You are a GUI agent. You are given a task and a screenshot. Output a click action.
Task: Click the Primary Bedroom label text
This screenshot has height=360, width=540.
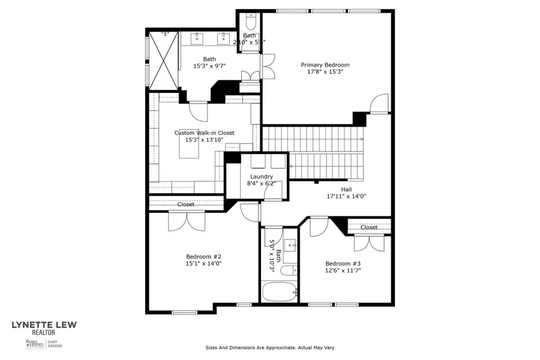(x=325, y=65)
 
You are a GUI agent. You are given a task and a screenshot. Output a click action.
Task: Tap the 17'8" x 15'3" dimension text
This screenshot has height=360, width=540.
(x=325, y=72)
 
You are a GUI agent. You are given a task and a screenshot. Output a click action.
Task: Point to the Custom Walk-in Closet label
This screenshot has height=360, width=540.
(x=204, y=133)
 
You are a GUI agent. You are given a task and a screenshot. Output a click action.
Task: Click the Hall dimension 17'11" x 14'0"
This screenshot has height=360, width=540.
(x=346, y=196)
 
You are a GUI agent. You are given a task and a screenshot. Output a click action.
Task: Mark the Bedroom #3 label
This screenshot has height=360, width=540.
(x=343, y=263)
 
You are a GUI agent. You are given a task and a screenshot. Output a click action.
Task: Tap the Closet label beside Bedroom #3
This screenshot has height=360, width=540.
(x=369, y=227)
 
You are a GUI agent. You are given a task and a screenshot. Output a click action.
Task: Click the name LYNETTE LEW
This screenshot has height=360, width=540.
(x=44, y=326)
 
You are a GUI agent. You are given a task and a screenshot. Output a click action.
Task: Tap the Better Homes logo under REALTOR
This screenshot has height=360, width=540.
(x=34, y=344)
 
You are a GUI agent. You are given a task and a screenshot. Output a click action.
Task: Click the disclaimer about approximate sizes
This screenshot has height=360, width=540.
(x=269, y=347)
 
